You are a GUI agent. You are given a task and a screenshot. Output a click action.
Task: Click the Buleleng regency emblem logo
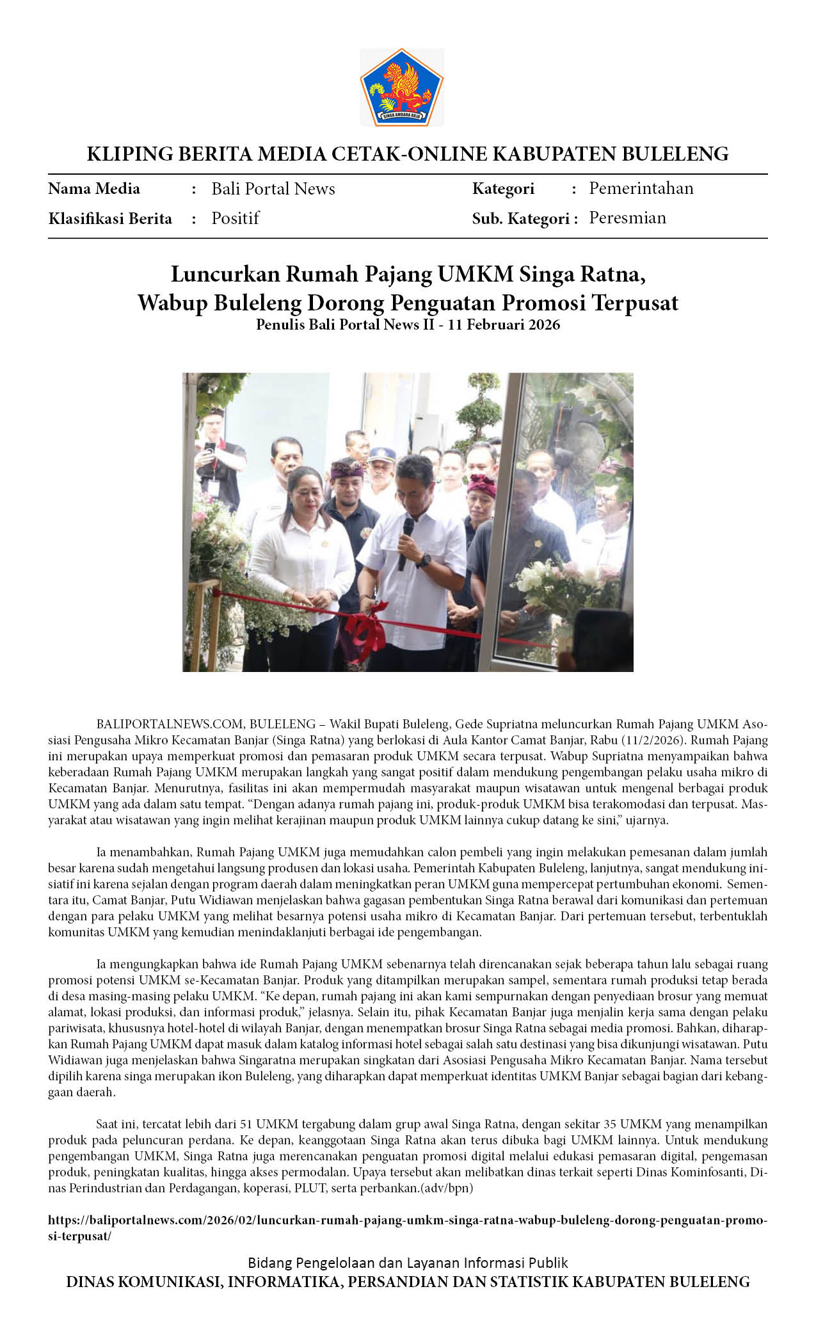(x=401, y=87)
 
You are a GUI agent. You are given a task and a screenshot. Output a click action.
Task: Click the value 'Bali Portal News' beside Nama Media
(x=273, y=189)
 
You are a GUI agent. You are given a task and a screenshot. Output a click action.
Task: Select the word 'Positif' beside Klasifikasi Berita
(x=235, y=218)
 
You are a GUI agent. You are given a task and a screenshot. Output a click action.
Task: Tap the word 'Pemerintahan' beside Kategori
(x=641, y=188)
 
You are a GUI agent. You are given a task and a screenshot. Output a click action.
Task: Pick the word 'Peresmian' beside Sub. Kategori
(x=627, y=218)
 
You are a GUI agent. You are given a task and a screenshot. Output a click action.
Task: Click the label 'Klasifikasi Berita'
(x=110, y=219)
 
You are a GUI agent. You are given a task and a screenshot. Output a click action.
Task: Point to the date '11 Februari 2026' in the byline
(x=504, y=324)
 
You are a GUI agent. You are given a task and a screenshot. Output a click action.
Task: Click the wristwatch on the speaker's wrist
(x=423, y=561)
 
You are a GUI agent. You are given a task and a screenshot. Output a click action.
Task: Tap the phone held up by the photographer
(x=209, y=456)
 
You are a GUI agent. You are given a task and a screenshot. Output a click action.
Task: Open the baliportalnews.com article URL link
(x=407, y=1220)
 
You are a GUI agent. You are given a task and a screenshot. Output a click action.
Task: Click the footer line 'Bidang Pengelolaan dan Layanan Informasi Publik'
(x=408, y=1263)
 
